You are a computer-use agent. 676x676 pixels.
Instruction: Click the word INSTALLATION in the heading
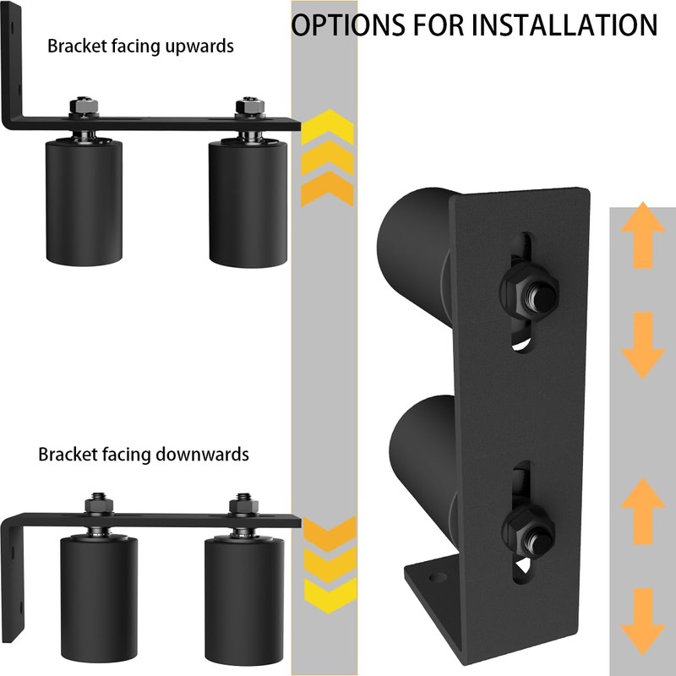(x=564, y=25)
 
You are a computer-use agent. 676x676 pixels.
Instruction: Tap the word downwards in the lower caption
(x=202, y=454)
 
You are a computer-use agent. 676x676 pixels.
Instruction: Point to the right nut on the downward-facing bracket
(x=243, y=506)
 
